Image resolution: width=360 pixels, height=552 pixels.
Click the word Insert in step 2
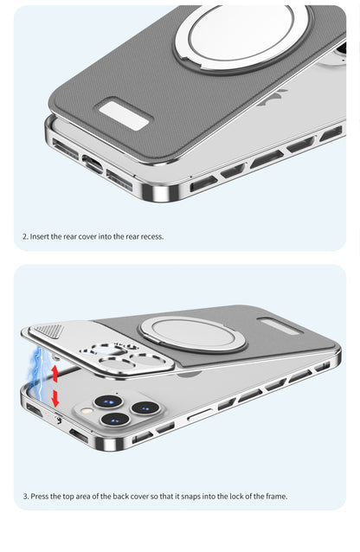[x=40, y=236]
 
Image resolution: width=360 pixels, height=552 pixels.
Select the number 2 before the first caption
[x=24, y=236]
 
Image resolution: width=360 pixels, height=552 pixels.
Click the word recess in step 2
[x=149, y=236]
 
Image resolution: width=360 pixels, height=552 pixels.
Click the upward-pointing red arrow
[x=55, y=374]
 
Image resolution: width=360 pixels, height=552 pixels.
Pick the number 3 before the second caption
[x=24, y=497]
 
